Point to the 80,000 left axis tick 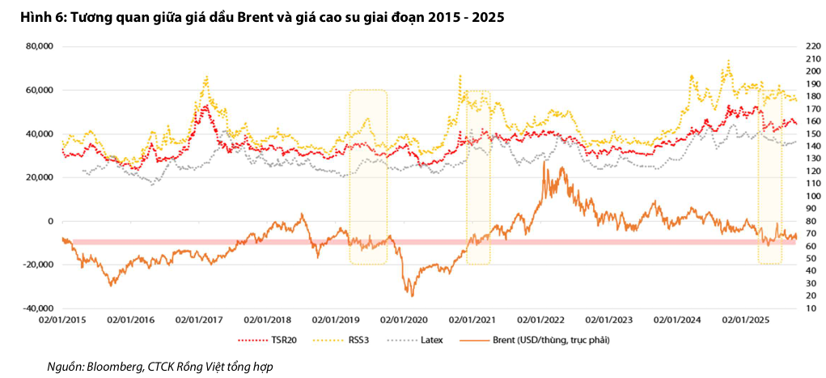(x=40, y=46)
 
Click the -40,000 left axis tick (x=38, y=308)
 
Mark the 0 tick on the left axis (x=49, y=221)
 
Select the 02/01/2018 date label (x=270, y=320)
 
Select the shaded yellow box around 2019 (x=368, y=176)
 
